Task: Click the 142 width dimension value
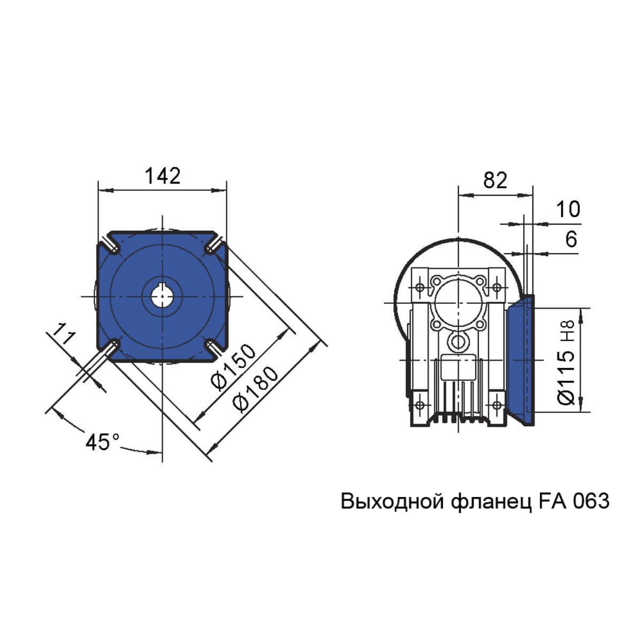(163, 175)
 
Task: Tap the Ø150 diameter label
(234, 367)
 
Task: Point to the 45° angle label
(102, 442)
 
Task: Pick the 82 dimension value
(495, 180)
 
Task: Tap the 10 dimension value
(568, 209)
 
